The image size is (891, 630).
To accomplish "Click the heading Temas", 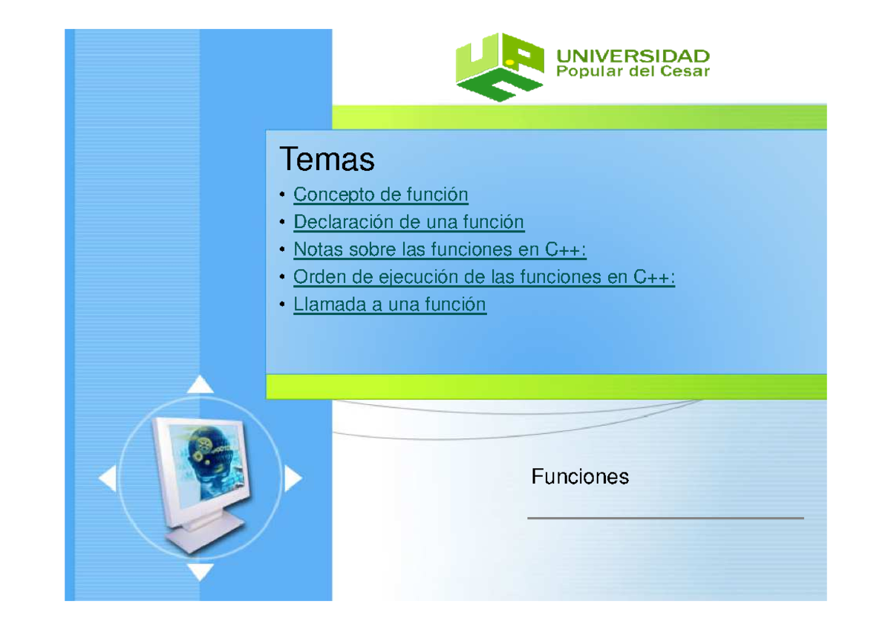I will click(x=327, y=159).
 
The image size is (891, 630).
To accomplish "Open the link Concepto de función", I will click(x=380, y=195).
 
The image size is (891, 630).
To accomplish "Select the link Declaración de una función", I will click(x=408, y=222).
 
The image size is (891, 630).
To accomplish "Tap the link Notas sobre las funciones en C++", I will click(x=440, y=250).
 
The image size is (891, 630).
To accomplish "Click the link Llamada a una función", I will click(x=390, y=305).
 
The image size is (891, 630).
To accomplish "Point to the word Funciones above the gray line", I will click(x=580, y=477).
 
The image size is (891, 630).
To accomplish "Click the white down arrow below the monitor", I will click(x=200, y=572).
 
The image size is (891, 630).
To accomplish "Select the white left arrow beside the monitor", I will click(x=108, y=479).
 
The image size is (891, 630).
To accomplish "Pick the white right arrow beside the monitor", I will click(x=293, y=479).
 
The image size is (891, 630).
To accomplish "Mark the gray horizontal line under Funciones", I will click(x=665, y=518).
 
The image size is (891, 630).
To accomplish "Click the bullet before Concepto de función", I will click(x=282, y=196).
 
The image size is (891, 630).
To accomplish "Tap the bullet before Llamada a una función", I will click(x=282, y=306).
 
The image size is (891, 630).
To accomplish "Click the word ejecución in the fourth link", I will click(x=413, y=277).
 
